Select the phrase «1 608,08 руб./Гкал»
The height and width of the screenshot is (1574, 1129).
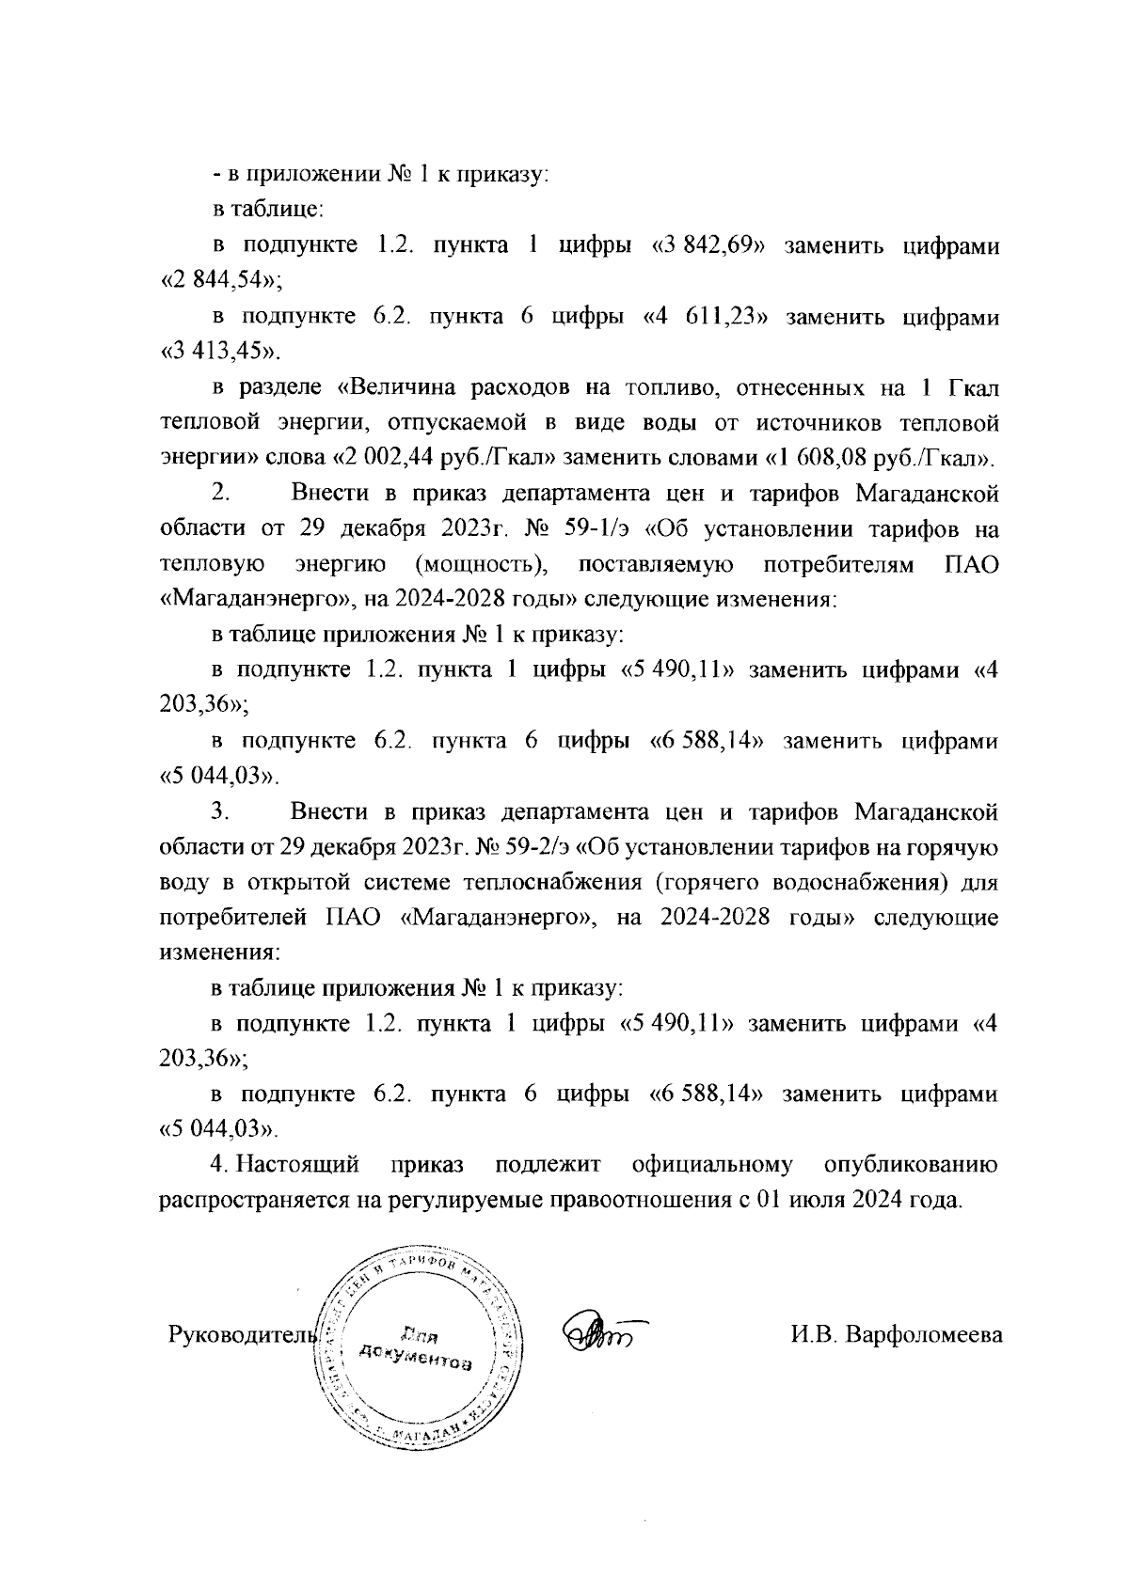[881, 460]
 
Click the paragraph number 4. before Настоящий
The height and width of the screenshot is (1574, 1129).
[219, 1166]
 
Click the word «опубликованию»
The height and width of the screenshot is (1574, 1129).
[911, 1166]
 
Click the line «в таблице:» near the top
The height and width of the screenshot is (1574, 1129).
[254, 211]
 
